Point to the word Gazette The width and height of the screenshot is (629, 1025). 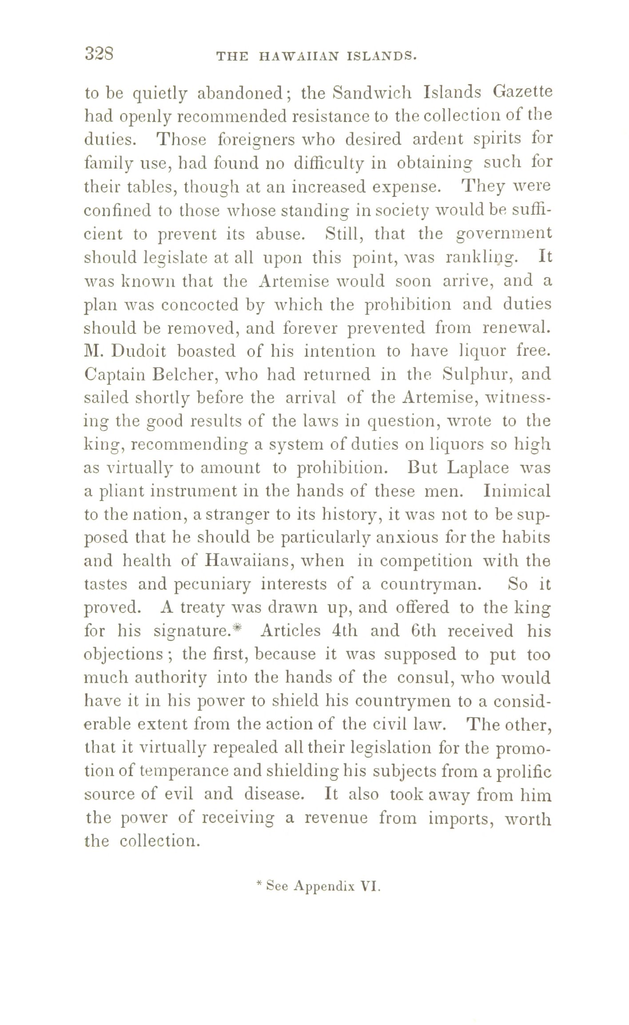click(x=522, y=93)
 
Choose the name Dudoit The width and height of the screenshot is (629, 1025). click(x=138, y=352)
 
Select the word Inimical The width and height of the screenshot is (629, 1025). click(x=518, y=492)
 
